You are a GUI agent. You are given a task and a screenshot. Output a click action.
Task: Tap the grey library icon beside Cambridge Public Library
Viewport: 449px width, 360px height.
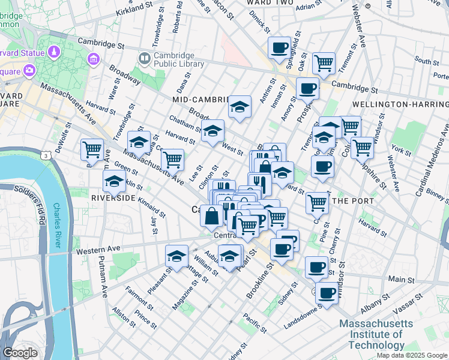click(144, 59)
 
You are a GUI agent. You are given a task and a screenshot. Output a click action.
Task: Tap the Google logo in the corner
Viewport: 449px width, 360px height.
click(20, 353)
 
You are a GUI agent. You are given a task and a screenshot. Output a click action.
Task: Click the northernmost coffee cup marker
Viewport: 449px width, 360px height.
click(279, 47)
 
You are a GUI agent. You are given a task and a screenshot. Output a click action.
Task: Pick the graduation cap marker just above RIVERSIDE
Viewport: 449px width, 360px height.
click(114, 181)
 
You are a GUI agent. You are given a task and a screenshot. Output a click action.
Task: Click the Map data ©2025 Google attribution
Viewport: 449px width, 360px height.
click(412, 355)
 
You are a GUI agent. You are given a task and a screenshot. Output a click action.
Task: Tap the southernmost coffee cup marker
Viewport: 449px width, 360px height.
click(327, 293)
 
